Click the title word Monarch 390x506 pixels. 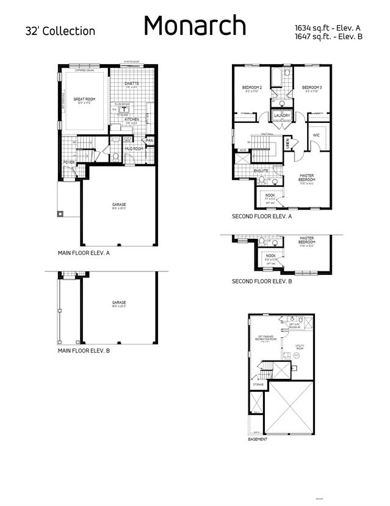click(x=195, y=26)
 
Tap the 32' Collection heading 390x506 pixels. click(x=60, y=31)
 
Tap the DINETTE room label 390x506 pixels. click(x=131, y=83)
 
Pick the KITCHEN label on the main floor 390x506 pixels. click(x=132, y=119)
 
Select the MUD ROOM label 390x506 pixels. click(x=134, y=148)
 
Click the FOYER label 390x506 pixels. click(x=69, y=163)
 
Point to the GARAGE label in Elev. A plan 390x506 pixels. click(x=118, y=205)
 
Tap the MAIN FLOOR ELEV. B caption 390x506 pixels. click(x=84, y=351)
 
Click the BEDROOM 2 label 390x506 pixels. click(x=252, y=88)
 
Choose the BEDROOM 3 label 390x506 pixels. click(x=311, y=88)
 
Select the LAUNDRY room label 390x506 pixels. click(x=282, y=116)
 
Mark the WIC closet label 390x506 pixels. click(x=316, y=135)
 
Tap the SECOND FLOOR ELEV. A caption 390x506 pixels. click(x=262, y=216)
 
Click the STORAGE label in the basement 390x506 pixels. click(x=259, y=384)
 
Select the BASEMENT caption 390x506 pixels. click(x=257, y=439)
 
